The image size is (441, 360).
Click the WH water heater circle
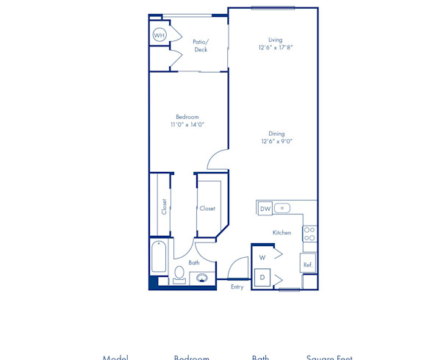point(159,35)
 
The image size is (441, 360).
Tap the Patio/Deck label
point(200,46)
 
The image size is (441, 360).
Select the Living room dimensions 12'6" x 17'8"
point(276,48)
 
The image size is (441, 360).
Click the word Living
point(276,40)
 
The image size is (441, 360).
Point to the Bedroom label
point(187,117)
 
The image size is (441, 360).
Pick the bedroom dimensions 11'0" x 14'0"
point(187,125)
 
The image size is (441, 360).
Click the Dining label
point(276,134)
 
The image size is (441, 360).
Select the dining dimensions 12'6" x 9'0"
point(276,142)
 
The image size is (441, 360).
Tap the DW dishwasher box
point(265,209)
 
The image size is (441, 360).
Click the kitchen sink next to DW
point(282,209)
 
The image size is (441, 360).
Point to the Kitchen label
point(282,232)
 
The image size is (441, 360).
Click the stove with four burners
point(309,234)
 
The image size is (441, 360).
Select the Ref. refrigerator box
point(308,264)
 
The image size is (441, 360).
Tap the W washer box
point(262,257)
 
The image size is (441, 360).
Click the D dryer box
point(262,278)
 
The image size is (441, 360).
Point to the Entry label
point(237,287)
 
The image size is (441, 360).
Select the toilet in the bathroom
point(179,274)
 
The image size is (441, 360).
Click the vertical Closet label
point(164,207)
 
